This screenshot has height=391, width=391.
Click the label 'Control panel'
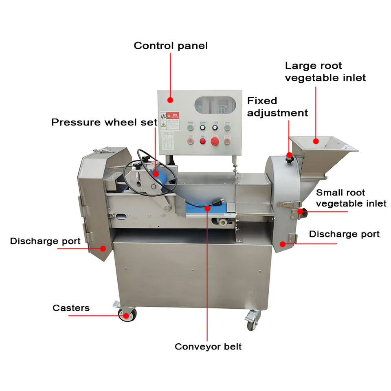171,46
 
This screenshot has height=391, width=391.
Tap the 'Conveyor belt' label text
208,347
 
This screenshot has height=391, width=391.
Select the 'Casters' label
71,308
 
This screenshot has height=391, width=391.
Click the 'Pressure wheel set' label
104,122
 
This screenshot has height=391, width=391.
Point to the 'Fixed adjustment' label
277,106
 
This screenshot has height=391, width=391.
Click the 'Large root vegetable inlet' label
325,71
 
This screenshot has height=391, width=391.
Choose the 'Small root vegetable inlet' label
351,198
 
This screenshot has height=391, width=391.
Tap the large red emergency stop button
215,141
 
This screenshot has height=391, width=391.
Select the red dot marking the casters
126,315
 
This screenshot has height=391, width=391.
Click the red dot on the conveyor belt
208,209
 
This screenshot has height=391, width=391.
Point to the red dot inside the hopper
316,141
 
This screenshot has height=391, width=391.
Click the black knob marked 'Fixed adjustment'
290,155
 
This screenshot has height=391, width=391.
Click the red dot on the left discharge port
103,248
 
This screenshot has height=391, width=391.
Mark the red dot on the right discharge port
282,244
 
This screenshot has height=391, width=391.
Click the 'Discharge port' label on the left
45,241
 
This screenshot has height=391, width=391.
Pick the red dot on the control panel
171,99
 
